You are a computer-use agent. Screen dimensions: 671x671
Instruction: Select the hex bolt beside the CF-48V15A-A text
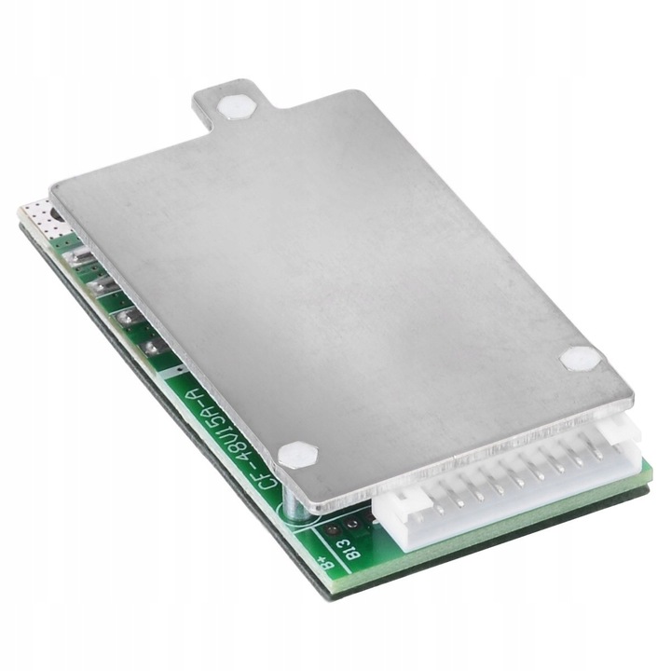tap(297, 455)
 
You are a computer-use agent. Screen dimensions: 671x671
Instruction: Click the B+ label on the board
tap(323, 562)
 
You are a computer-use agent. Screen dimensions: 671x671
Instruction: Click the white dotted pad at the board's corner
tap(38, 216)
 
